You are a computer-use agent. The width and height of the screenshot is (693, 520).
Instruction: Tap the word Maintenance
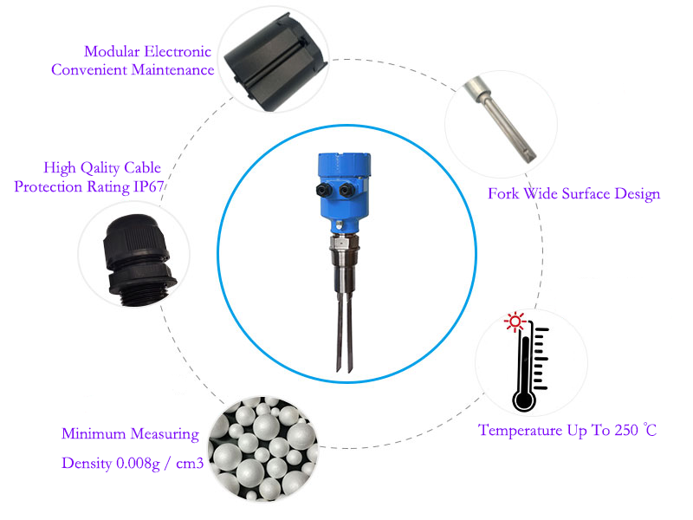(172, 70)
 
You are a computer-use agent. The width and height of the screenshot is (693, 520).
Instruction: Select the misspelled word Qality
(100, 168)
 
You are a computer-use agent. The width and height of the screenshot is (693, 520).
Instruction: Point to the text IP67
(149, 186)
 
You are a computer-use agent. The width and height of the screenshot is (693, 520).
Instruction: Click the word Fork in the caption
(503, 193)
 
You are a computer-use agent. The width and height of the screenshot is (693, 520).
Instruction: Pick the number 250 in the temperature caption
(626, 430)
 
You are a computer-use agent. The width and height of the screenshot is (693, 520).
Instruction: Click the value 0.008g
(138, 464)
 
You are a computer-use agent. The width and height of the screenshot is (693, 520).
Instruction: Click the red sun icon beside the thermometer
(515, 322)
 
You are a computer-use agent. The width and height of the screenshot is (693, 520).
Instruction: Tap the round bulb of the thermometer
(524, 400)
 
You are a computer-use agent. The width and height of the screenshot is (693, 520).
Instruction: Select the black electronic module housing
(275, 62)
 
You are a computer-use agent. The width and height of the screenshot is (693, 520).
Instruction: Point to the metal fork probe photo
(500, 120)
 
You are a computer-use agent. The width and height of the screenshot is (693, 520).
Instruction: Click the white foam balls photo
(263, 448)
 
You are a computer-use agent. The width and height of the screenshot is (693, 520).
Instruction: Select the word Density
(87, 464)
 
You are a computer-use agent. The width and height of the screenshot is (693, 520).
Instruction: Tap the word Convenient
(90, 70)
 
